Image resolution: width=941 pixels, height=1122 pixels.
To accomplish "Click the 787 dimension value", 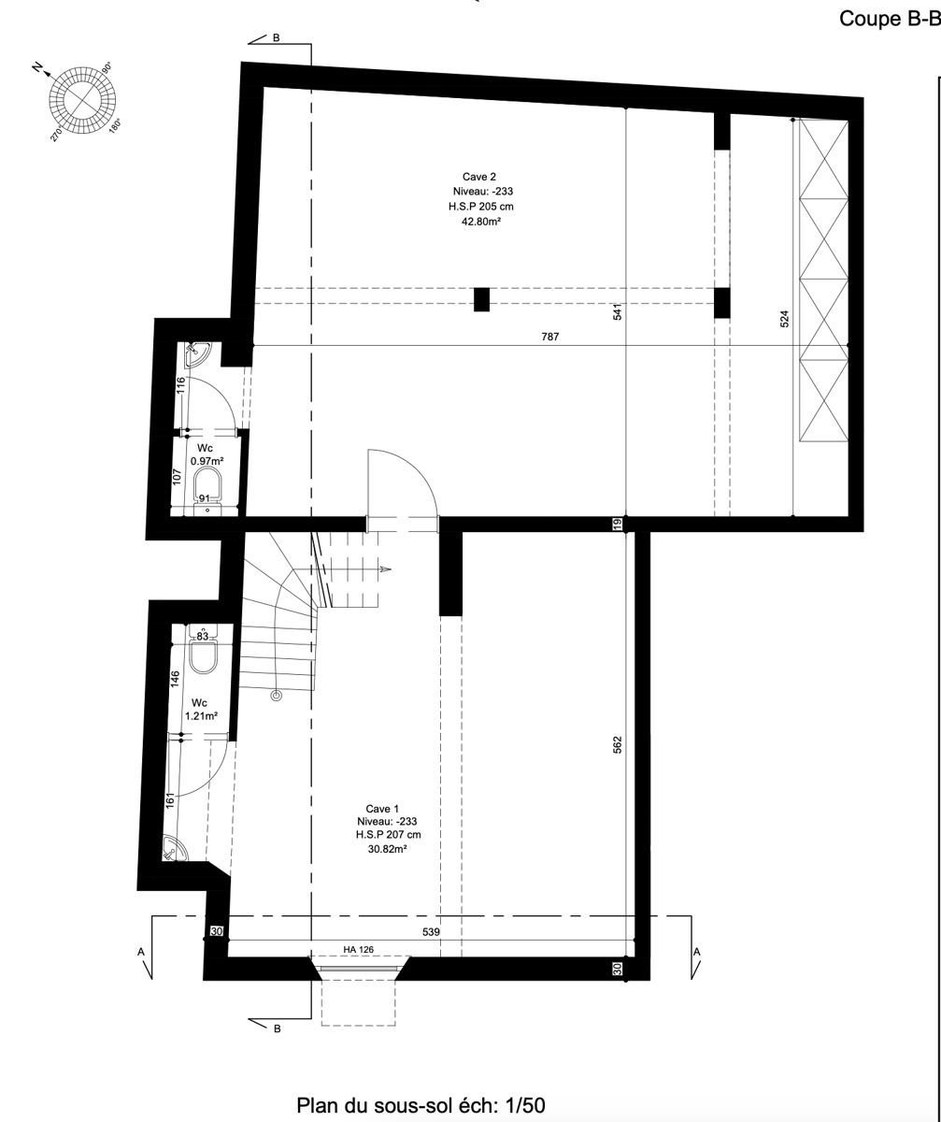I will [550, 337].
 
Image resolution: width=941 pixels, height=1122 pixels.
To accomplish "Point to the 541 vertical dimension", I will [618, 312].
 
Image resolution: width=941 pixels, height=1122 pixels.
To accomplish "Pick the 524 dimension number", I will [785, 318].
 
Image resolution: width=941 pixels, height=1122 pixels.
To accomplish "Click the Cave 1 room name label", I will [383, 808].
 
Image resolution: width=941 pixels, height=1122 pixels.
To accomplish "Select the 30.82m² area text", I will [386, 850].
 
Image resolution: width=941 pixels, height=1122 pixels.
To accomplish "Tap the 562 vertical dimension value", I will [618, 745].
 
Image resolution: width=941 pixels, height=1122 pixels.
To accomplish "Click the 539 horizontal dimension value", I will [431, 932].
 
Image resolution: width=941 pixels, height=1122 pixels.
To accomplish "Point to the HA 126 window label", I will [358, 951].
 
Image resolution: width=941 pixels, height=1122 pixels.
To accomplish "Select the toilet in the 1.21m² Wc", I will [203, 656].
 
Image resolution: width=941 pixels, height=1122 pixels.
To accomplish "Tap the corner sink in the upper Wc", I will [198, 354].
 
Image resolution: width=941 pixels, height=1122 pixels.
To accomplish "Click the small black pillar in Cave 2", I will [481, 299].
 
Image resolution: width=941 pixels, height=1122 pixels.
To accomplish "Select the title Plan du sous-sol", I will [421, 1105].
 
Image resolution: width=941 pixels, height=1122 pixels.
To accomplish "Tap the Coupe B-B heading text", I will [889, 19].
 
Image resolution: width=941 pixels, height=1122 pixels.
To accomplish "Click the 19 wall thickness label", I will [618, 524].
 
